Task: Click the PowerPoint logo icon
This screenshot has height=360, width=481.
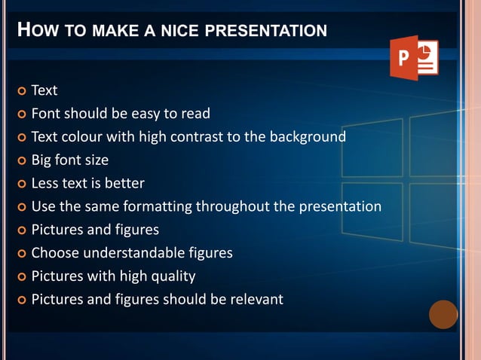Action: (x=414, y=57)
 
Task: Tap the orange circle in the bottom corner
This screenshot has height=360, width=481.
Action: (x=443, y=314)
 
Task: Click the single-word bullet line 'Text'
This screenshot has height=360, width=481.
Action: (x=44, y=90)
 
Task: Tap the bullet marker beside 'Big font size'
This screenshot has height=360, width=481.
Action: (x=20, y=160)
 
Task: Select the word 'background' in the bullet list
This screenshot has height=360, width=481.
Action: (x=305, y=137)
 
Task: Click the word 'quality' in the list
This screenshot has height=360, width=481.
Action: (x=173, y=276)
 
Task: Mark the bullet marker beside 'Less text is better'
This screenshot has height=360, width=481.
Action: (x=20, y=184)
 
